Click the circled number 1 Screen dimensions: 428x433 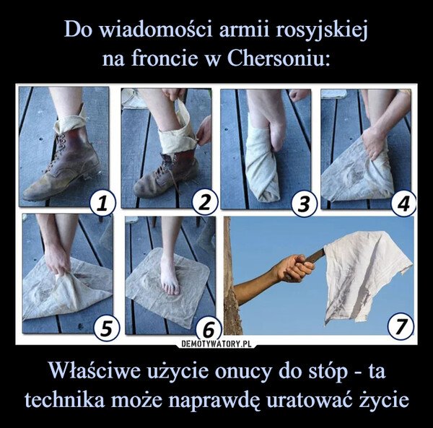click(x=102, y=206)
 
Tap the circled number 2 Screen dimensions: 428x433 click(x=206, y=206)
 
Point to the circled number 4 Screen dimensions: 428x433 click(x=405, y=206)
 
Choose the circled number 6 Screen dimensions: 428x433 click(x=207, y=329)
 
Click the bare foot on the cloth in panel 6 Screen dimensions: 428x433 click(x=170, y=277)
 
